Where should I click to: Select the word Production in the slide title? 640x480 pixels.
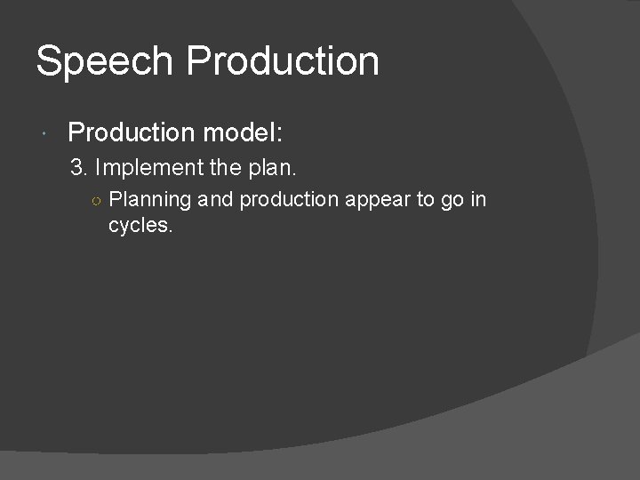284,62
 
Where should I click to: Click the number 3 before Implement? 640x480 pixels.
76,166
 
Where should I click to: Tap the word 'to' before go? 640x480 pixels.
425,200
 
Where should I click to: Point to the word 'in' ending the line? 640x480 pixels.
479,200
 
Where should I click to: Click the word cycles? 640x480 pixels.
140,226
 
